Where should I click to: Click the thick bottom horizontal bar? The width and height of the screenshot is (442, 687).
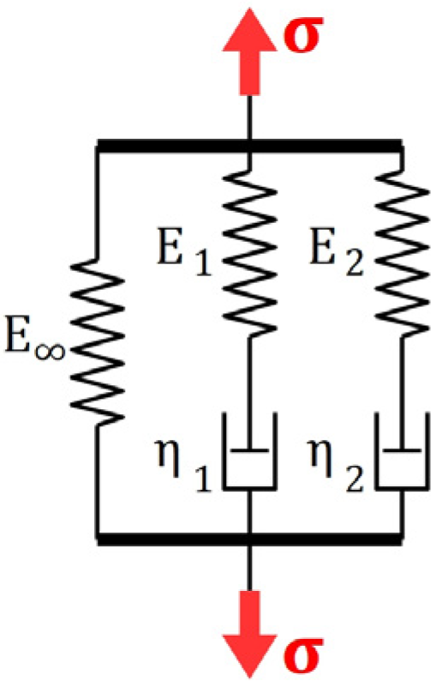[248, 539]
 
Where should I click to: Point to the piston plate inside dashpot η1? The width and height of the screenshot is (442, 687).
[248, 449]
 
